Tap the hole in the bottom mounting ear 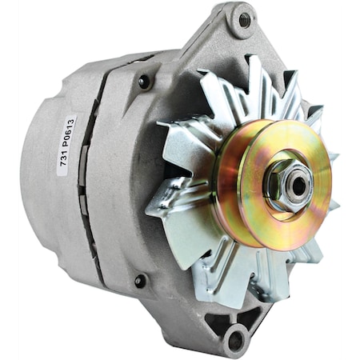coord(236,339)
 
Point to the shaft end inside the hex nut coord(298,186)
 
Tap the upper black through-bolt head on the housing coord(144,81)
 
